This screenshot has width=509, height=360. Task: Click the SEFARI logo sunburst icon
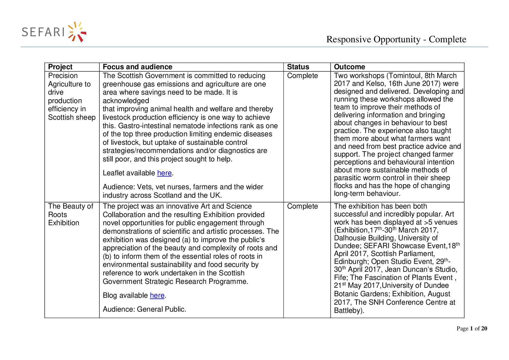(77, 32)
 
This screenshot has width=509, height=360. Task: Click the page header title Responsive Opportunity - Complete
(396, 39)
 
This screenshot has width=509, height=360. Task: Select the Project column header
(60, 67)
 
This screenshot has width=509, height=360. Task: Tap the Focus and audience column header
(138, 67)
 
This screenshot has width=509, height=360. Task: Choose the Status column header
(298, 67)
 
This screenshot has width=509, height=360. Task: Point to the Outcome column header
(349, 67)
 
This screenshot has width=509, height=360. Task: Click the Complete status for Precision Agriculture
(302, 76)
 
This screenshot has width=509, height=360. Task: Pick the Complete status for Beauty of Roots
(302, 206)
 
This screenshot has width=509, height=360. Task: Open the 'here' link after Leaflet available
(164, 173)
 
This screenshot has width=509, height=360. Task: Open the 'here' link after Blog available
(157, 295)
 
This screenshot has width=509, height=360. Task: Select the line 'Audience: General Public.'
(144, 309)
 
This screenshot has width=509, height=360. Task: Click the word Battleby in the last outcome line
(348, 310)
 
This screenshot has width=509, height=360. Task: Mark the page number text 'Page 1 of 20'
(472, 329)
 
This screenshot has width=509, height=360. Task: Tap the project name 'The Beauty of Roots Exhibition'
(70, 215)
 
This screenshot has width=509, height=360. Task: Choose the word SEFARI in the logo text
(43, 32)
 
